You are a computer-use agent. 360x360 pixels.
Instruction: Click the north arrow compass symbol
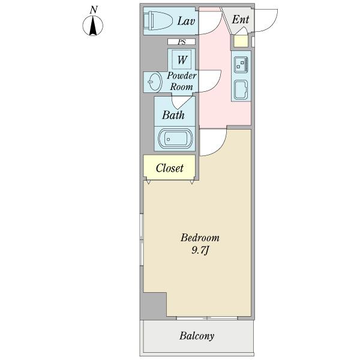coord(93,25)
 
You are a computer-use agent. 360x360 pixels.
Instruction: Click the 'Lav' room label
coord(186,21)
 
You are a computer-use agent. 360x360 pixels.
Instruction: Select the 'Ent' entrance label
coord(241,19)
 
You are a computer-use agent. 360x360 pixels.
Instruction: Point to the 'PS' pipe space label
coord(182,42)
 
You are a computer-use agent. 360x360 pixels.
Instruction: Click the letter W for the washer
coord(182,59)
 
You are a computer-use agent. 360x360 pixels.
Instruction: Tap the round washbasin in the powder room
coord(155,82)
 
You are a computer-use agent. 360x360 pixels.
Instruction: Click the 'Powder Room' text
coord(181,81)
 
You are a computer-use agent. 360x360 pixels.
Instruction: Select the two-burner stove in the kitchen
coord(241,65)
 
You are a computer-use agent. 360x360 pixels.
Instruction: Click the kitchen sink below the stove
coord(241,90)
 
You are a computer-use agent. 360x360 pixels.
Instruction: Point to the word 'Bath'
coord(173,115)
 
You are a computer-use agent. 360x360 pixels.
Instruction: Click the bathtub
coord(175,139)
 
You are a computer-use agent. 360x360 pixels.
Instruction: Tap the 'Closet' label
coord(169,168)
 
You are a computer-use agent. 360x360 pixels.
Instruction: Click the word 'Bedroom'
coord(200,238)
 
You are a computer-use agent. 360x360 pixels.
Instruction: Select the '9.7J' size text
coord(200,250)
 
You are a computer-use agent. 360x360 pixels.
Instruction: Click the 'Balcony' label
coord(197,335)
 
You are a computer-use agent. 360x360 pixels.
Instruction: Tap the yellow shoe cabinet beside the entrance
coord(241,41)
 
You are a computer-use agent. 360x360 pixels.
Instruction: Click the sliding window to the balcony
coord(207,318)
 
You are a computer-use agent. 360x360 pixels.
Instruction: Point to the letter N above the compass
coord(94,10)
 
